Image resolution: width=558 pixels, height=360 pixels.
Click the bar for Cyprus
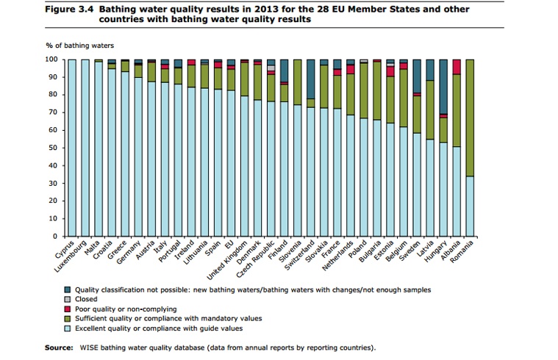coord(72,147)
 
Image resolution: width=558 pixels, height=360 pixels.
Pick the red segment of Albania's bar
coord(457,67)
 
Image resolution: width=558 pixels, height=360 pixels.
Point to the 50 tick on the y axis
coord(52,148)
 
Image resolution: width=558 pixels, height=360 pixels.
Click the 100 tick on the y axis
coord(51,59)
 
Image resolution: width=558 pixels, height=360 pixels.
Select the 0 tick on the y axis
coord(54,237)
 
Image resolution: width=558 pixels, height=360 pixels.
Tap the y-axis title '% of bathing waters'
coord(75,46)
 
